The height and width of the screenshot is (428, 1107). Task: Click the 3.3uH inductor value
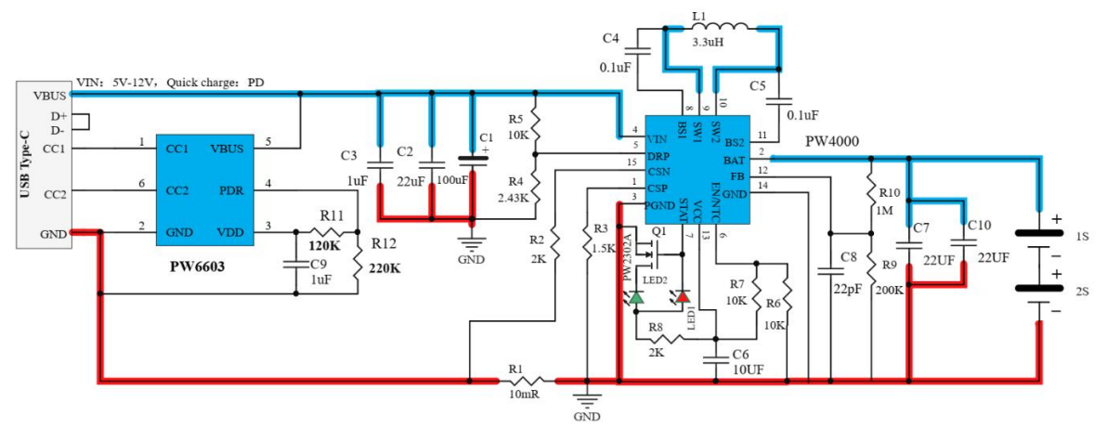pyautogui.click(x=710, y=43)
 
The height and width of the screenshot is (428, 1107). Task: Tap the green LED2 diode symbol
pyautogui.click(x=636, y=297)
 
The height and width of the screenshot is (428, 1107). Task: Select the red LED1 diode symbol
pyautogui.click(x=683, y=296)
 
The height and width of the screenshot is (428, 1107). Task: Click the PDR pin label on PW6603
pyautogui.click(x=230, y=190)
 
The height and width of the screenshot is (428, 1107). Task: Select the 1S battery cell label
pyautogui.click(x=1081, y=238)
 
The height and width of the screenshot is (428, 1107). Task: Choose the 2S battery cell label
pyautogui.click(x=1081, y=291)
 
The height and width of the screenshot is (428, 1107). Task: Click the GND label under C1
pyautogui.click(x=471, y=260)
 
